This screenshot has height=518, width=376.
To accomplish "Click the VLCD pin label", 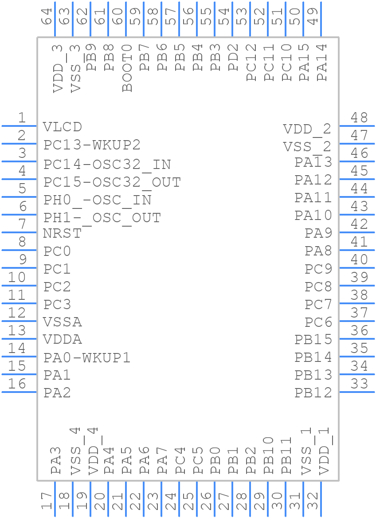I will [x=63, y=127].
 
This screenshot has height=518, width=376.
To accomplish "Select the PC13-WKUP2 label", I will [x=92, y=145].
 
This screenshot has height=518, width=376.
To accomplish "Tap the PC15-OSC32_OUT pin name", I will [x=112, y=182].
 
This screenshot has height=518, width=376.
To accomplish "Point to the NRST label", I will [x=63, y=233].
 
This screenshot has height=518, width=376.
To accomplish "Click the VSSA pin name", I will [x=63, y=322].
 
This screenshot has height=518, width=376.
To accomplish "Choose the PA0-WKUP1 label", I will [x=87, y=357].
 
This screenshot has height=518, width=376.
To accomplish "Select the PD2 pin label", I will [x=233, y=58].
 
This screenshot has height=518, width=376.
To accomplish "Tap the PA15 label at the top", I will [x=304, y=63].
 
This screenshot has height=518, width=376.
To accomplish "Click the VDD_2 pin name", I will [x=307, y=129].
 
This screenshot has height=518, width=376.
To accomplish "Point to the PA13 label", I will [x=313, y=162].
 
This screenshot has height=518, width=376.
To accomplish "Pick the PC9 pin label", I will [x=318, y=269].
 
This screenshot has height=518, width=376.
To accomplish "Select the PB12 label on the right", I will [x=313, y=392].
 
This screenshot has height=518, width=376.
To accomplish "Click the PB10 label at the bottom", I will [x=269, y=455].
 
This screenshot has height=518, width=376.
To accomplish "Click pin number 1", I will [x=21, y=118].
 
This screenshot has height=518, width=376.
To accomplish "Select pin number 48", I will [x=359, y=118].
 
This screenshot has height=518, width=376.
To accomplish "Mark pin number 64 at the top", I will [x=47, y=16].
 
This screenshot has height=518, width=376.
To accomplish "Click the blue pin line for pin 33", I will [x=357, y=392].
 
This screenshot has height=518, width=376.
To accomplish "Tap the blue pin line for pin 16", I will [x=19, y=392].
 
